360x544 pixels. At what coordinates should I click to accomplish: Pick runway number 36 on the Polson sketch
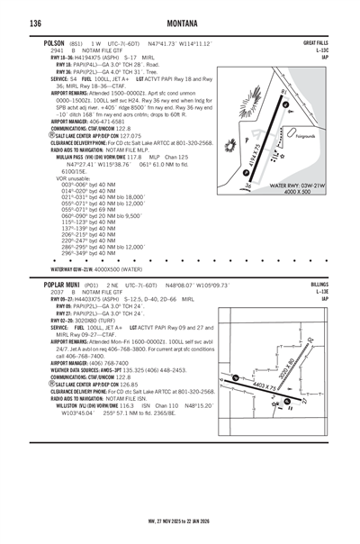click(x=247, y=186)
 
